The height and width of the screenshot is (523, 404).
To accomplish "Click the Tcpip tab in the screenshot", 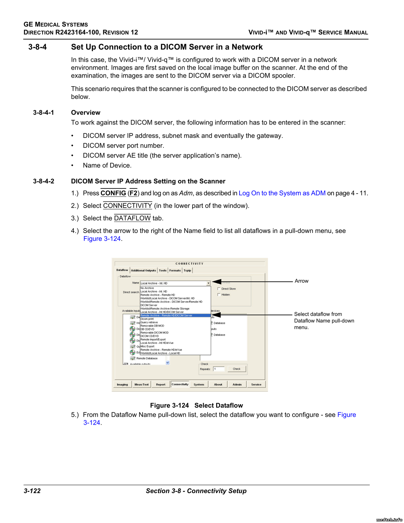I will (x=187, y=271).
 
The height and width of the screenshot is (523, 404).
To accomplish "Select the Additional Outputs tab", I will (x=144, y=271).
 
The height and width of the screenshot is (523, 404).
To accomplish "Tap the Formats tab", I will (x=175, y=271).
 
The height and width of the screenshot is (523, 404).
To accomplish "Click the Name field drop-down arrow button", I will (x=208, y=283).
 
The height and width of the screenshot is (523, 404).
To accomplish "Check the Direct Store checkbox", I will (x=219, y=289).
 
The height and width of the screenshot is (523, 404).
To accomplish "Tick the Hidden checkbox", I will (x=219, y=295).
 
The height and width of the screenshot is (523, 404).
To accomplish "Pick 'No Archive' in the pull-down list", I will (x=147, y=288).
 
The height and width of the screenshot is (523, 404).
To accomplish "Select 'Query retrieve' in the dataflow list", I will (x=149, y=322).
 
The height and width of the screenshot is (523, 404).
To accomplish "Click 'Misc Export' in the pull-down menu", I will (x=148, y=346).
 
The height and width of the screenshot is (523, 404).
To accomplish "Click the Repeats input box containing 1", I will (x=219, y=369).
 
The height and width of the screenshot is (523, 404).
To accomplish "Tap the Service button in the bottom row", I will (x=256, y=384).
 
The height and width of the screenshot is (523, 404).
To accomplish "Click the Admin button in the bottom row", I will (x=237, y=384).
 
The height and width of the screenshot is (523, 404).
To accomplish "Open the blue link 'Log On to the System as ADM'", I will (x=282, y=193).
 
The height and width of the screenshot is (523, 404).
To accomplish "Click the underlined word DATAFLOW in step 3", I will (x=132, y=218).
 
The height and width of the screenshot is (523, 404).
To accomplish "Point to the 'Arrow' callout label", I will (x=301, y=281).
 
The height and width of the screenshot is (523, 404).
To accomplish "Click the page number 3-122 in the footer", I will (x=32, y=491).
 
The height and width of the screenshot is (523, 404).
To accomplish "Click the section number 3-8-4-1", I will (x=44, y=113).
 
